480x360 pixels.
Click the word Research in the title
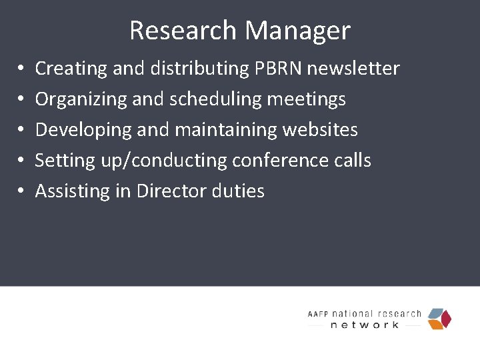[183, 31]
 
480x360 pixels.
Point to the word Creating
[71, 68]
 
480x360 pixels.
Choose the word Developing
[83, 130]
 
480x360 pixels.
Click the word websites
[320, 130]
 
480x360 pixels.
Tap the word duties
[238, 191]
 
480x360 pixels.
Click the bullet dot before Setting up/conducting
[21, 161]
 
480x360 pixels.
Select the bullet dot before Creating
[21, 68]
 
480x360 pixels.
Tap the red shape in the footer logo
[447, 319]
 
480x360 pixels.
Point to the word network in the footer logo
[365, 325]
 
